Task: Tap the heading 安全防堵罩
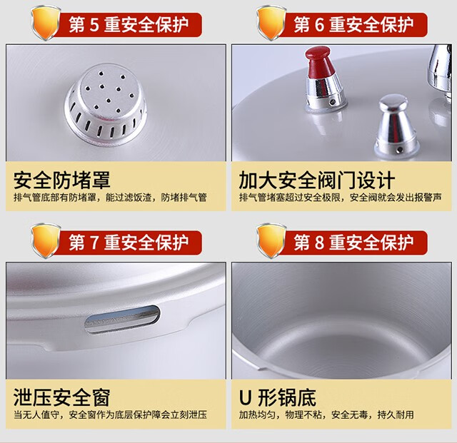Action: [62, 180]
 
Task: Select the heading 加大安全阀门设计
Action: [317, 180]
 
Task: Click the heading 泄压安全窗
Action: [62, 397]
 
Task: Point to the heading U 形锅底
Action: [278, 397]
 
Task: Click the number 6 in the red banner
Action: [319, 25]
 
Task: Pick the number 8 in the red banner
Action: [319, 243]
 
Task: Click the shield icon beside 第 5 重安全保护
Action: [46, 23]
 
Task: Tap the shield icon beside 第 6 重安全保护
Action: [271, 23]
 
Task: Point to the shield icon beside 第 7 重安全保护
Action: [46, 240]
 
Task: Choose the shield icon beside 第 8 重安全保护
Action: [271, 240]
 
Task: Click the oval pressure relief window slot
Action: [122, 319]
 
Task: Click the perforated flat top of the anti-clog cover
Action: [109, 91]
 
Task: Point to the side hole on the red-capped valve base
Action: [332, 102]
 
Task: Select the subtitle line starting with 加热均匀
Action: [326, 414]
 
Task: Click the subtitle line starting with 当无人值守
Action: [110, 414]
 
